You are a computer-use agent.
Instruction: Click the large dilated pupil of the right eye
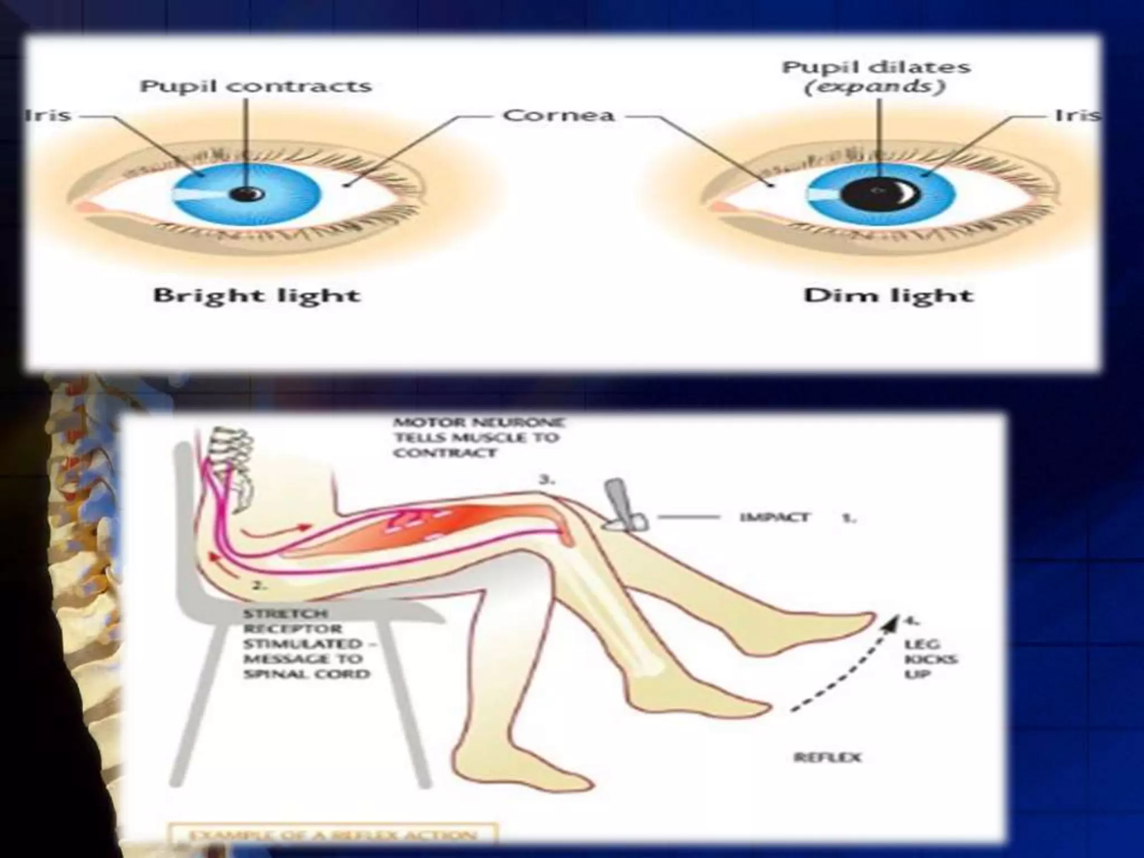point(879,192)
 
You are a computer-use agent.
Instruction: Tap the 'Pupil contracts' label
point(255,87)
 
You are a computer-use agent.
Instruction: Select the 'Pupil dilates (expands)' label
point(875,77)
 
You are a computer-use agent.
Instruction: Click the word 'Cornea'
point(559,116)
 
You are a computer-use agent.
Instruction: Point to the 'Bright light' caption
point(256,295)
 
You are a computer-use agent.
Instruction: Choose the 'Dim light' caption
point(888,295)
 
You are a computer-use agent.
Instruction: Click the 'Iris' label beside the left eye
point(49,116)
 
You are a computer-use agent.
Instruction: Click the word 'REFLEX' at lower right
point(827,757)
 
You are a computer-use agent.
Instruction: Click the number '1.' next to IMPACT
point(849,518)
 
